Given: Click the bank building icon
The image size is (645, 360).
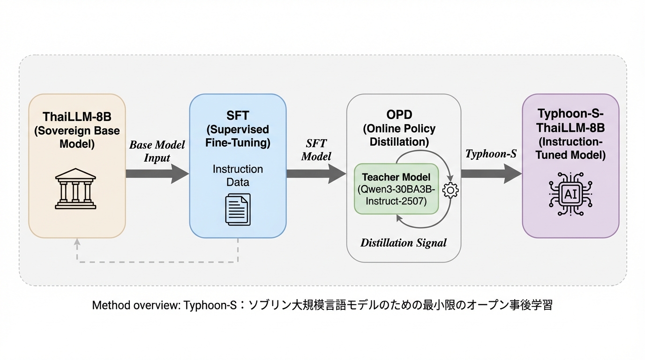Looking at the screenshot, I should coord(75,189).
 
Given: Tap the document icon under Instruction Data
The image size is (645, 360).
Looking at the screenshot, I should coord(238,210).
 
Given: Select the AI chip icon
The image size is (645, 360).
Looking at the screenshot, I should coord(570,194).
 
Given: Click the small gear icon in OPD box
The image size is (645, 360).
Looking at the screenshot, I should coord(450,190).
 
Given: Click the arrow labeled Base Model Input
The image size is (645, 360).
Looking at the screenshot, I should coord(157,174).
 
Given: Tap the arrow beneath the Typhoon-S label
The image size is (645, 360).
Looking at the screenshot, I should coord(491,174).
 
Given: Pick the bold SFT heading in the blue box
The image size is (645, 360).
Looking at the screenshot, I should coord(238,115).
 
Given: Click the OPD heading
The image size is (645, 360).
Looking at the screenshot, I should coord(403,115).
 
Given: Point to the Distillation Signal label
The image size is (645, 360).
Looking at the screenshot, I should coord(403,242).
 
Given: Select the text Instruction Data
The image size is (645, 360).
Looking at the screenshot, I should coord(238,175).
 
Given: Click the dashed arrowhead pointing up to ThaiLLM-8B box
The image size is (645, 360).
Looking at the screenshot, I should coord(77,242).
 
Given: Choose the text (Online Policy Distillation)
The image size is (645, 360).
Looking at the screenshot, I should coord(403,135).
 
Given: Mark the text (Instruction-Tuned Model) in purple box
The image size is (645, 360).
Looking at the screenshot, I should coord(570,149).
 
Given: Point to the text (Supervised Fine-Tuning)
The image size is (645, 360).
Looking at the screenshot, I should coord(238,136).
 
